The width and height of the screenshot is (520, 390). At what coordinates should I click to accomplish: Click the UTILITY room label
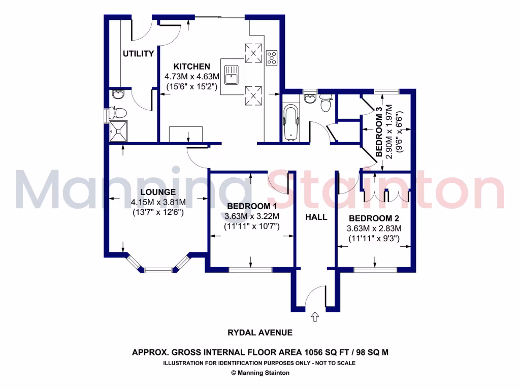tap(138, 54)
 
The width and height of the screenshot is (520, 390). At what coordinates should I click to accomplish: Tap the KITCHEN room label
tap(191, 67)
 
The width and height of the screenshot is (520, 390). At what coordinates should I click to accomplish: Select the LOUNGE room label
tap(158, 192)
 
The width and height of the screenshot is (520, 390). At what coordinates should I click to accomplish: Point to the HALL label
tap(316, 217)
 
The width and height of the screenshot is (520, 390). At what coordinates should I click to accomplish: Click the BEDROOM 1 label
tap(252, 206)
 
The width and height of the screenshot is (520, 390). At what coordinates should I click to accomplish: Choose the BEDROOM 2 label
tap(374, 219)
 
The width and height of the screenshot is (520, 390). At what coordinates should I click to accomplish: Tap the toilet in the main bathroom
tap(326, 104)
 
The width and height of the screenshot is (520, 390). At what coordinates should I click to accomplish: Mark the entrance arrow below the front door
tap(314, 317)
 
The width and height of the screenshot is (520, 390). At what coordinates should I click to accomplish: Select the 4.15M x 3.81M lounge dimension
tap(158, 202)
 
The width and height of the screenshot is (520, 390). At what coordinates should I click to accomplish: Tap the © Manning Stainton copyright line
tap(260, 373)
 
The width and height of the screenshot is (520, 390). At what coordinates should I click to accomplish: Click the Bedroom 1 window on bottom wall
tap(250, 270)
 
